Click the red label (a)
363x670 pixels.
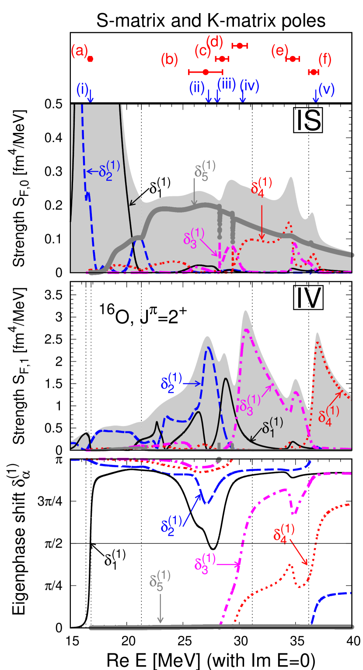[79, 52]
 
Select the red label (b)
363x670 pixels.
[169, 59]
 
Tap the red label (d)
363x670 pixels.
[214, 42]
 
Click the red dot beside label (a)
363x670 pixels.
[90, 59]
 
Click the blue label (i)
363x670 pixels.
[82, 89]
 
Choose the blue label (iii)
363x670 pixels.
[227, 84]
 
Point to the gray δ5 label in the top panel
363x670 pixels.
[205, 170]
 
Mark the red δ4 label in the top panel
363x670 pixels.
[262, 187]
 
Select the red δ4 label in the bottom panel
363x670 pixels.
[284, 534]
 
